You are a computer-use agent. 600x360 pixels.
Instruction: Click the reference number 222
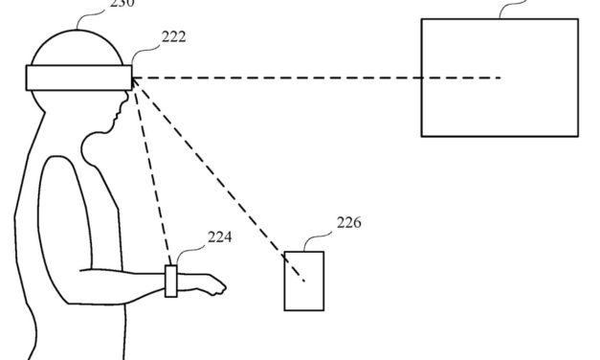[x=174, y=37]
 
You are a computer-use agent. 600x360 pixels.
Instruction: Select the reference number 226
[x=348, y=225]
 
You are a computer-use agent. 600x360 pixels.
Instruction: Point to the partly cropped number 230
[x=122, y=4]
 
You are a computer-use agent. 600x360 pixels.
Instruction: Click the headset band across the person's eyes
[x=78, y=78]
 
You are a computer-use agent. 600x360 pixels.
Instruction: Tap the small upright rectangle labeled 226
[x=303, y=280]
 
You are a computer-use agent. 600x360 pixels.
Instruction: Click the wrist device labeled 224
[x=171, y=281]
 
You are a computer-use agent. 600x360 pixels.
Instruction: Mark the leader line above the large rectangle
[x=517, y=8]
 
